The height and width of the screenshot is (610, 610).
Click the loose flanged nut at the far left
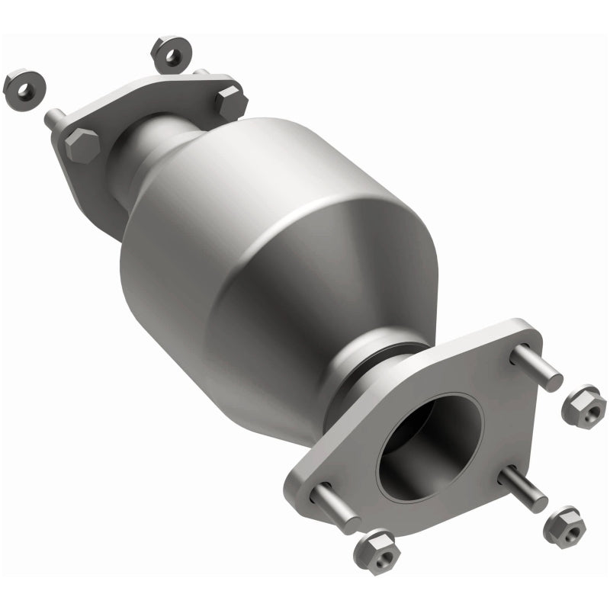point(22,90)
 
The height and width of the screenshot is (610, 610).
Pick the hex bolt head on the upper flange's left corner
point(82,144)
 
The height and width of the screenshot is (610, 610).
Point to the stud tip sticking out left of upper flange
point(54,119)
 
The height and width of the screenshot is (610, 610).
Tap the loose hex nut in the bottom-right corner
point(564,526)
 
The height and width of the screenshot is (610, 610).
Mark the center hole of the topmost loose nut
point(170,53)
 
